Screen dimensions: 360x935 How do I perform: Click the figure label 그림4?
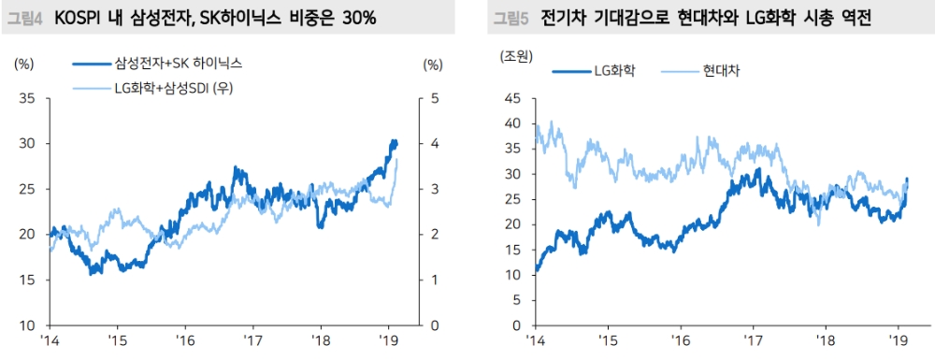tap(26, 18)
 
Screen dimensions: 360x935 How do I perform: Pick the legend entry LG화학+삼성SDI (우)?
tap(173, 88)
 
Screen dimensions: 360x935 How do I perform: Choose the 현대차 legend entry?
tap(722, 71)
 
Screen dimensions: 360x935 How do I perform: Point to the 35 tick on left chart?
tap(25, 98)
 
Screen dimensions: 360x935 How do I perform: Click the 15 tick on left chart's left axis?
tap(25, 280)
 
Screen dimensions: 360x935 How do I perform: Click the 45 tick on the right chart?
tap(511, 98)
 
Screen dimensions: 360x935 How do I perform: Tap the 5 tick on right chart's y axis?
tap(514, 300)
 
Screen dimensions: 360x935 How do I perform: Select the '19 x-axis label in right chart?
tap(896, 340)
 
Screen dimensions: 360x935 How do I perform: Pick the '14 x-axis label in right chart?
tap(535, 340)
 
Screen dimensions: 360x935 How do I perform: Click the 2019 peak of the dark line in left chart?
tap(393, 141)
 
